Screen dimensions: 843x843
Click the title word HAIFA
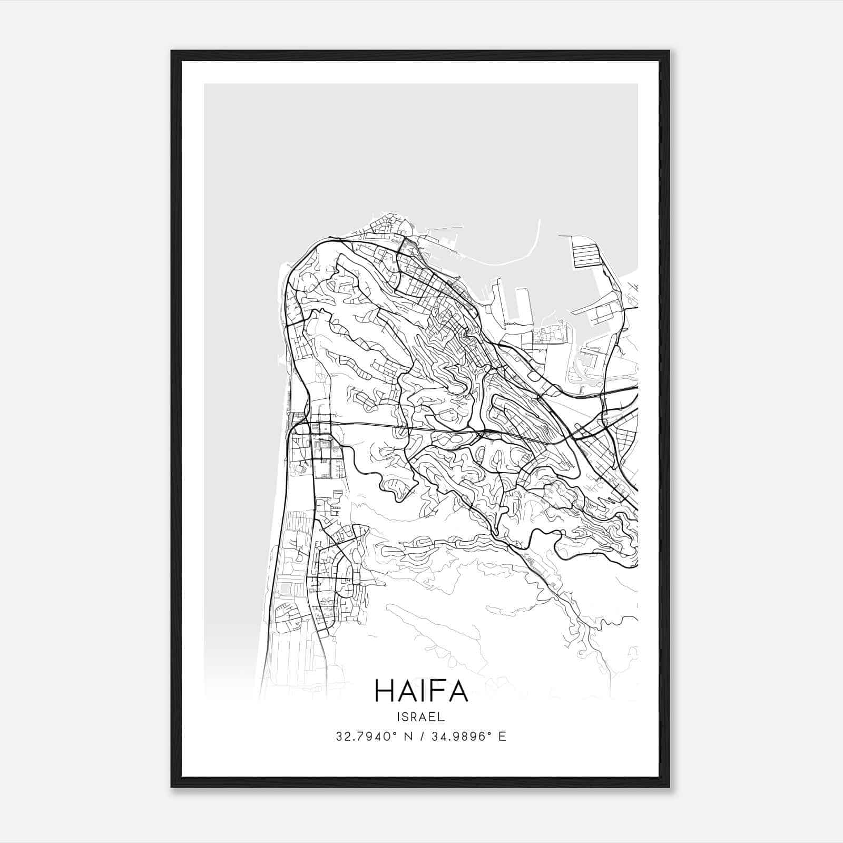(421, 691)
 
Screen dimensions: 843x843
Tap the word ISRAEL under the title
(421, 717)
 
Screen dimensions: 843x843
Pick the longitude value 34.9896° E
(469, 737)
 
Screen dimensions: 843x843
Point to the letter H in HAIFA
(384, 691)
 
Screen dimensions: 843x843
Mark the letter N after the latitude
(407, 737)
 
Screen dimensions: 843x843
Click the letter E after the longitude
(503, 737)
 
